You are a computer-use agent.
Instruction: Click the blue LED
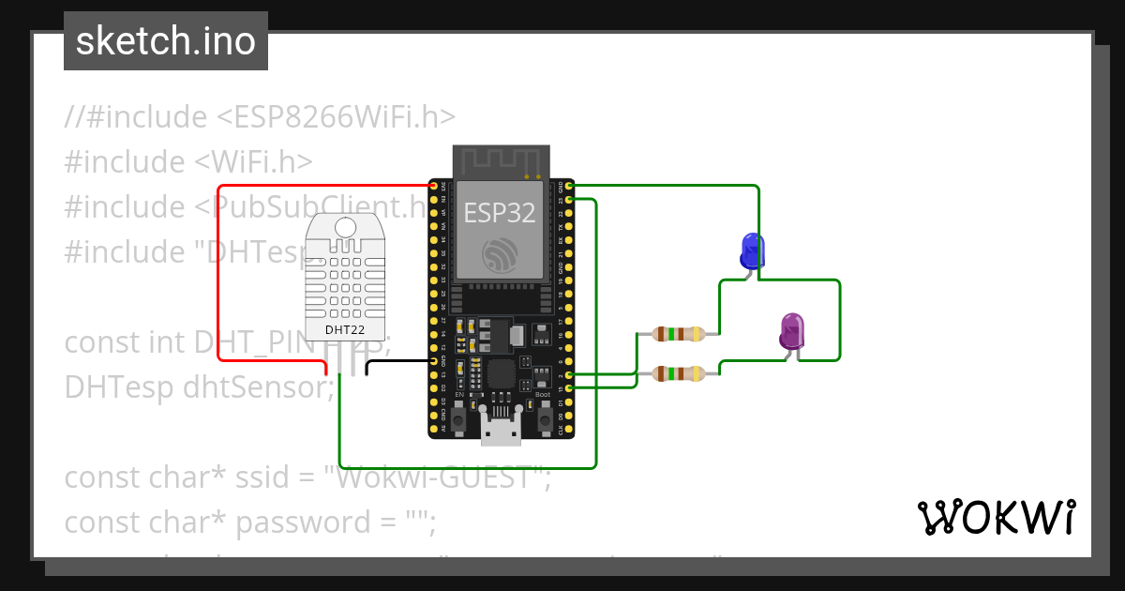coord(752,250)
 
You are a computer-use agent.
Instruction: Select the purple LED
coord(792,331)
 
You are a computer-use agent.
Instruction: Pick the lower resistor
coord(678,373)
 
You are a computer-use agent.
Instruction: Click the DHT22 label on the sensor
coord(344,330)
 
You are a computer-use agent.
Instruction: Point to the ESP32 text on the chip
coord(500,213)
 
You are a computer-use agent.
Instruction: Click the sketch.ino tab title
coord(166,41)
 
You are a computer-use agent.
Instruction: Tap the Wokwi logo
coord(996,517)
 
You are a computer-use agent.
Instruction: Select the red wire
coord(218,281)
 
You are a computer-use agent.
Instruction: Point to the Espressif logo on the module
coord(500,254)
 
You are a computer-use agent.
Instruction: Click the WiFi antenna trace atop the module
coord(500,160)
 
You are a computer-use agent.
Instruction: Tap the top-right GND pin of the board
coord(569,187)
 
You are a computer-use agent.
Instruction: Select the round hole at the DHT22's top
coord(345,226)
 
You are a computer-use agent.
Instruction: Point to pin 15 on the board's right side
coord(569,387)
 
